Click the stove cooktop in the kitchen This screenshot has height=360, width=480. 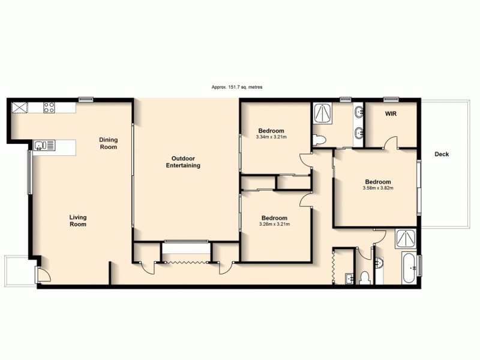click(49, 108)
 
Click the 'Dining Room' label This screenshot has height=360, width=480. click(109, 143)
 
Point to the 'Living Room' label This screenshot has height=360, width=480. click(77, 221)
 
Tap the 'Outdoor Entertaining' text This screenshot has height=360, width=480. click(182, 162)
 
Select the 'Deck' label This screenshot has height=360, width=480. click(442, 154)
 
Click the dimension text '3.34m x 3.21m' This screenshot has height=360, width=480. click(271, 137)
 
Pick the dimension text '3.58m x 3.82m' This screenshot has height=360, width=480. click(378, 188)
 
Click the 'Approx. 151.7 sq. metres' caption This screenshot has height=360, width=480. click(237, 87)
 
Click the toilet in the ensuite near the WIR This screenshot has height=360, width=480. click(319, 140)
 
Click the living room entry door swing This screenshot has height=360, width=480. click(43, 275)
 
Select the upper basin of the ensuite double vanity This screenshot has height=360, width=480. click(358, 112)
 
